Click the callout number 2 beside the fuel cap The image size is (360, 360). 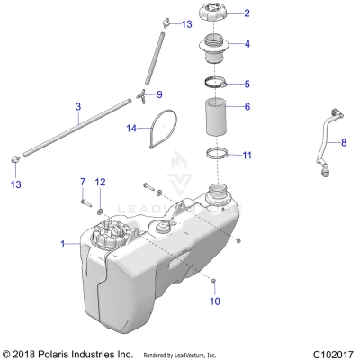pos(247,13)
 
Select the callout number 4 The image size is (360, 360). pos(247,43)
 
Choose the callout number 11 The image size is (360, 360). pos(247,155)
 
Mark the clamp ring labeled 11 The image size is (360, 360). pos(215,153)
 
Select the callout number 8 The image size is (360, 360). pos(342,142)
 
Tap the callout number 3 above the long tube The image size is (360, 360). pos(78,106)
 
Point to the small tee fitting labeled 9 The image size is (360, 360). pos(143,94)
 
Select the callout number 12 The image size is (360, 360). pos(101,183)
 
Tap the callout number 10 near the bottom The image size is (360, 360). pos(214,301)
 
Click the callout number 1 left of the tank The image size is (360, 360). pos(62,244)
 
